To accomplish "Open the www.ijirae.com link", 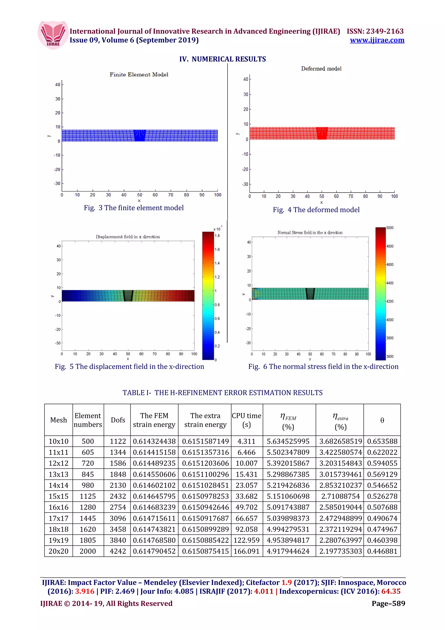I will pyautogui.click(x=377, y=40).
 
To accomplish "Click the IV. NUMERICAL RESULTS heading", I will pyautogui.click(x=222, y=59).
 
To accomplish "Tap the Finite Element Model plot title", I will pyautogui.click(x=139, y=75).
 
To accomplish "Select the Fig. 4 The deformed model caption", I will pyautogui.click(x=316, y=210).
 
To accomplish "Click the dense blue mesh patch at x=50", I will pyautogui.click(x=139, y=136).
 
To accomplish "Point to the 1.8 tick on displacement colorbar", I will pyautogui.click(x=217, y=236).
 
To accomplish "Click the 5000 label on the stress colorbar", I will pyautogui.click(x=390, y=228).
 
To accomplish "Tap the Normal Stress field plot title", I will pyautogui.click(x=310, y=233).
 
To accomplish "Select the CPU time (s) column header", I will pyautogui.click(x=246, y=420).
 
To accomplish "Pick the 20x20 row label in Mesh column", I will pyautogui.click(x=58, y=551).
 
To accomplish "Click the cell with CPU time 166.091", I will pyautogui.click(x=246, y=551).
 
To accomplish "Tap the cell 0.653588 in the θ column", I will pyautogui.click(x=382, y=442).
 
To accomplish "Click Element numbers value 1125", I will pyautogui.click(x=88, y=496).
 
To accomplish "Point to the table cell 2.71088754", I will pyautogui.click(x=340, y=496).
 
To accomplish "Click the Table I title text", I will pyautogui.click(x=222, y=393).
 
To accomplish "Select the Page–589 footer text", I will pyautogui.click(x=388, y=603).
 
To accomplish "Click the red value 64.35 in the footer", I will pyautogui.click(x=391, y=591).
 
